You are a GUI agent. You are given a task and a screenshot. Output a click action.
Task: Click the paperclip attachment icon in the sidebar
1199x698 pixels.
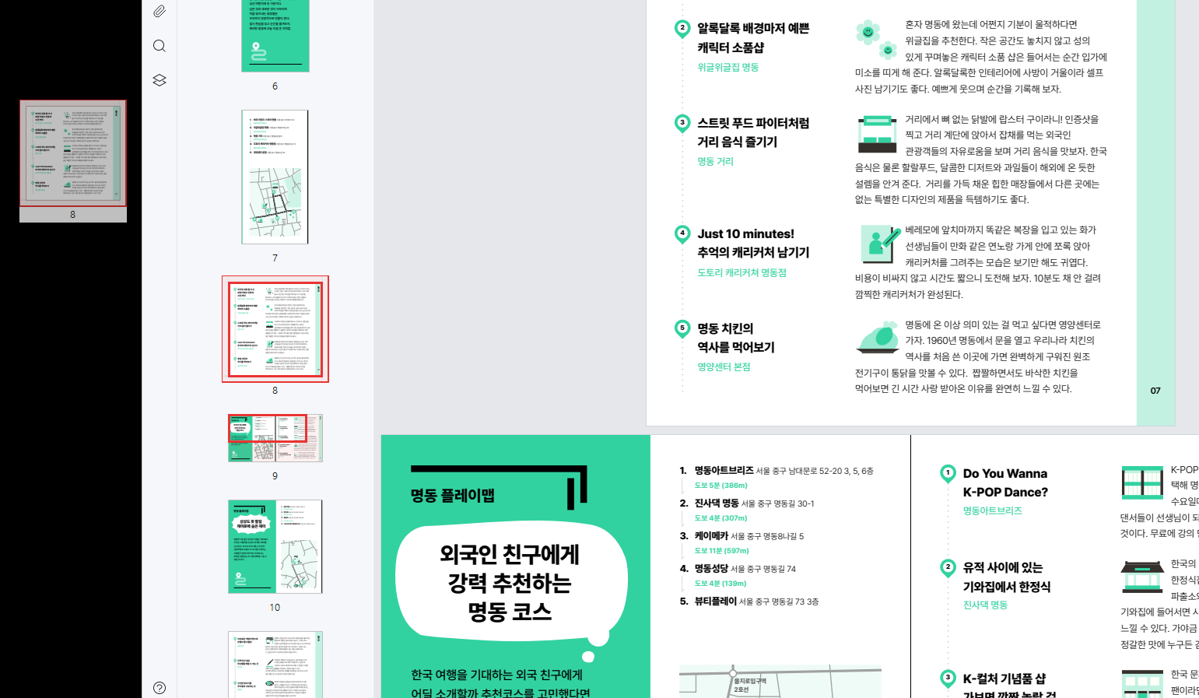(160, 11)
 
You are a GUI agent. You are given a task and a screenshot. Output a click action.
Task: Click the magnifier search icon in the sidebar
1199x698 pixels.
(160, 46)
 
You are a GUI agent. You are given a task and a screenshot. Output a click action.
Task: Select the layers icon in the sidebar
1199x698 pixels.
(160, 80)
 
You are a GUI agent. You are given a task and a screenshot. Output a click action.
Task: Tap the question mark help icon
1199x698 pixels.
(160, 688)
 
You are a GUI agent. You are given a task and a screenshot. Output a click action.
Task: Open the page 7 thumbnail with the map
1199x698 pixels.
(275, 177)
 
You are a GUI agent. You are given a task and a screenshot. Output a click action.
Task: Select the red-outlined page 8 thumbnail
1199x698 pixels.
(275, 328)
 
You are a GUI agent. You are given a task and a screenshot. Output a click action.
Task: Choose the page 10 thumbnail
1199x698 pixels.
(275, 546)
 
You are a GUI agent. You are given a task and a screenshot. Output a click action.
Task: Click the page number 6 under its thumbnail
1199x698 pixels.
(275, 86)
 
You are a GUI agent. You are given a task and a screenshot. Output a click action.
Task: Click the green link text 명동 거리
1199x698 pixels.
(715, 162)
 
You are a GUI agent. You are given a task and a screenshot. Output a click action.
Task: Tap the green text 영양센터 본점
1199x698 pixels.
(724, 367)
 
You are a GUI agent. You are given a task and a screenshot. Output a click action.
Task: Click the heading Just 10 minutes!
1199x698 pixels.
(745, 234)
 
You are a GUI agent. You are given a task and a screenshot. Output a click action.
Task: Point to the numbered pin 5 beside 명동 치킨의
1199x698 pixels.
(682, 328)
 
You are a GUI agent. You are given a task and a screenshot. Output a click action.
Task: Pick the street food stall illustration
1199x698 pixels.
(877, 134)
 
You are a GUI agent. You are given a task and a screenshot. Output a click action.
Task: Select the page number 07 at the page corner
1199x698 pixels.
(1155, 391)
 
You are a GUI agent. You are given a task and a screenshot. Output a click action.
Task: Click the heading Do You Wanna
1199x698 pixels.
(1004, 474)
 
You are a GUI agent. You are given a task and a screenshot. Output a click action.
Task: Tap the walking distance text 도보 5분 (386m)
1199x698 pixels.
(720, 486)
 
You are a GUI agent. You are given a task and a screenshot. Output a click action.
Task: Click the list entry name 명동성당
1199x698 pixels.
(711, 569)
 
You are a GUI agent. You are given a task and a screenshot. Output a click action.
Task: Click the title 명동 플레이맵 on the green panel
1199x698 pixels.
(453, 496)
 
